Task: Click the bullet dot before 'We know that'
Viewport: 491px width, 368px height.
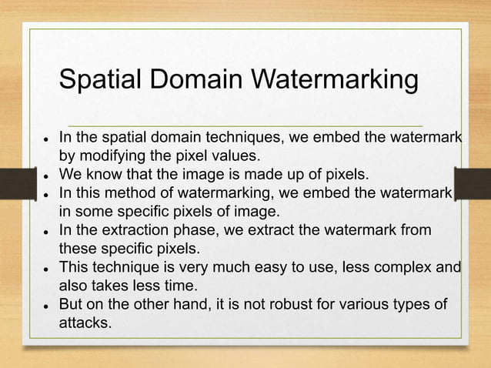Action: point(46,172)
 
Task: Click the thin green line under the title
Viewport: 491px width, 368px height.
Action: point(245,125)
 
